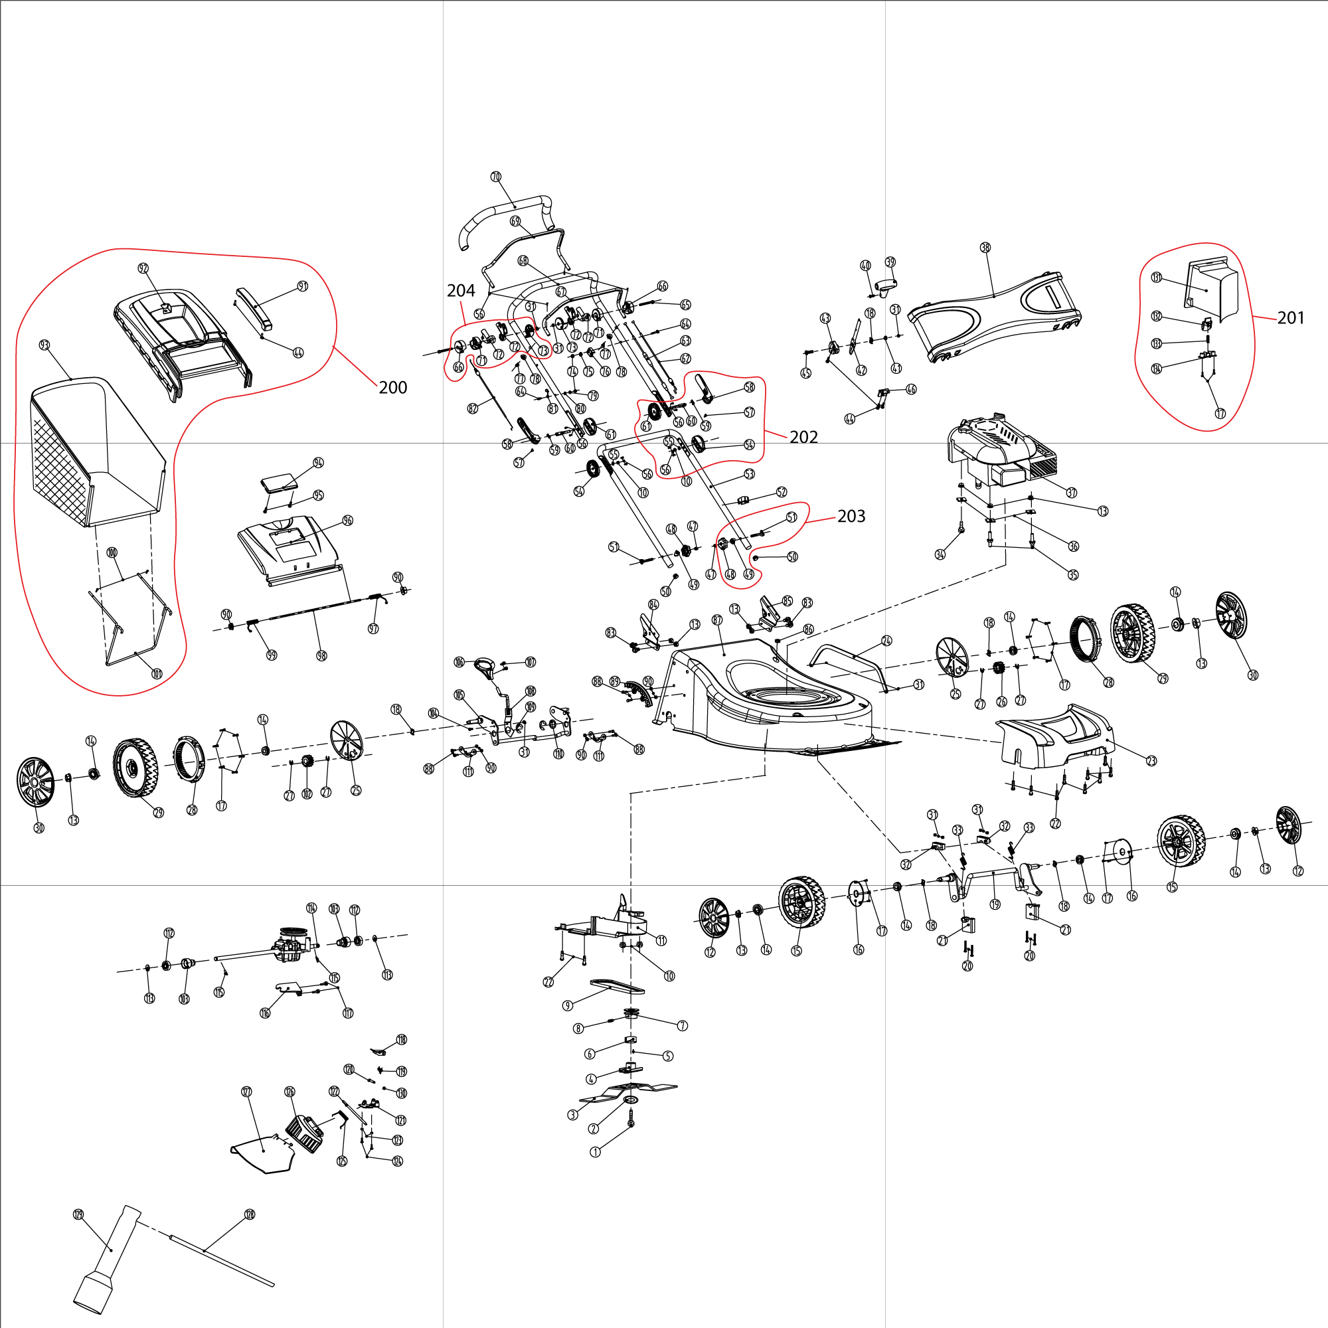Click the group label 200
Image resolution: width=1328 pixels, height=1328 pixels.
[393, 388]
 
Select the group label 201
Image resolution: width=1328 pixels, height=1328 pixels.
[1290, 317]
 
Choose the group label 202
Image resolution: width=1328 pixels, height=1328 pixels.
[803, 437]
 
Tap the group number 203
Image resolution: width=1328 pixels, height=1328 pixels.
[851, 516]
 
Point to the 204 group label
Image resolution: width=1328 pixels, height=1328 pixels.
[461, 291]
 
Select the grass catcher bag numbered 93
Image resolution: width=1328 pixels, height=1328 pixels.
[96, 454]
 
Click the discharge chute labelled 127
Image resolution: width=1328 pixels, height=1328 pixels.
[265, 1155]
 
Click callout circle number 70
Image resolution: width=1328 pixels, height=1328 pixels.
[496, 177]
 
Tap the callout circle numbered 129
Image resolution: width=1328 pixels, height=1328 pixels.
[78, 1234]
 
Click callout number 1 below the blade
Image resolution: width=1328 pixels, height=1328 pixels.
[595, 1152]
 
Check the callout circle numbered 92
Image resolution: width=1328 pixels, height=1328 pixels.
[143, 268]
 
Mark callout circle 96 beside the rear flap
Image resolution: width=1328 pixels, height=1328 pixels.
[348, 521]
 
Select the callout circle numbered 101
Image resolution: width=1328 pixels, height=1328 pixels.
[157, 673]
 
